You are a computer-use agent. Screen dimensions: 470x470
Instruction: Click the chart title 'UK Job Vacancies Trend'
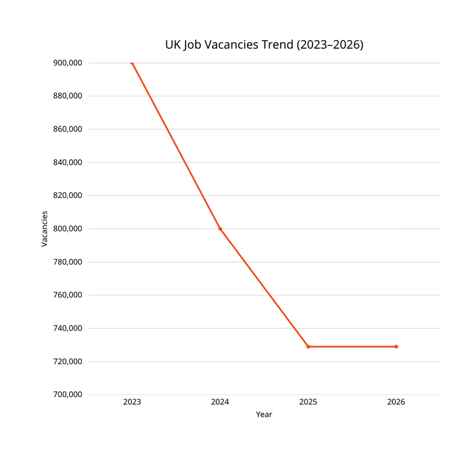(264, 45)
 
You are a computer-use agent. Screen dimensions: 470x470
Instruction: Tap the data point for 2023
(132, 63)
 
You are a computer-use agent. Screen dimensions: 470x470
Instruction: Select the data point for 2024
(220, 229)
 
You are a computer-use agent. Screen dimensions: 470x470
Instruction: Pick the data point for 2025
(308, 347)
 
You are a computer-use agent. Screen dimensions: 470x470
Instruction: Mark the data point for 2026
(396, 347)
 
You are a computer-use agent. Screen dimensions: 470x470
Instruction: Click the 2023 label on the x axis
(132, 402)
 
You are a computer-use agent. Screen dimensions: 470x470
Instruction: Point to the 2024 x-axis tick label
(220, 402)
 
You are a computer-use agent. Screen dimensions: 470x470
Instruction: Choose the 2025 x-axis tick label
(308, 402)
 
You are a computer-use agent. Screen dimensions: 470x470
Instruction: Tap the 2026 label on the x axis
(396, 402)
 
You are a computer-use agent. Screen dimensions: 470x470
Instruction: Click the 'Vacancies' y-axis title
(45, 229)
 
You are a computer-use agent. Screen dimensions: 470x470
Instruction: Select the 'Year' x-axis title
(264, 415)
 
